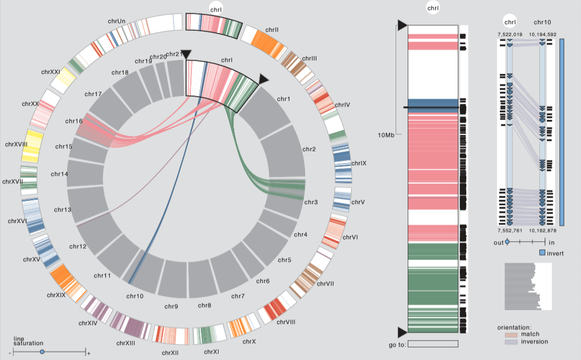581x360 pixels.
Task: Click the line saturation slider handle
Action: tap(42, 352)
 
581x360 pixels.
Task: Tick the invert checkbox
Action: tap(542, 252)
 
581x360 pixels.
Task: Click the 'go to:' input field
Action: tap(433, 344)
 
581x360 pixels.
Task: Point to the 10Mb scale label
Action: tap(387, 135)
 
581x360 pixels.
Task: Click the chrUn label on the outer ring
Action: tap(116, 21)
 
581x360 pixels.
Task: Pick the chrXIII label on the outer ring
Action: tap(126, 343)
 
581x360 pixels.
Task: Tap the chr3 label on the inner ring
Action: tap(311, 202)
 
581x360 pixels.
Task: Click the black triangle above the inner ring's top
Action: tap(186, 54)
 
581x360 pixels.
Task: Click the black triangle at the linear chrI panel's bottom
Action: tap(402, 332)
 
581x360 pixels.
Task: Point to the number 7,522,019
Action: tap(510, 35)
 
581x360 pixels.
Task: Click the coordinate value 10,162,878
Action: tap(543, 230)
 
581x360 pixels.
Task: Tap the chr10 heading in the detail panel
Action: tap(542, 22)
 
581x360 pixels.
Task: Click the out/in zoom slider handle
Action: tap(507, 242)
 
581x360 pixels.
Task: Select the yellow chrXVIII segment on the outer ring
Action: tap(32, 146)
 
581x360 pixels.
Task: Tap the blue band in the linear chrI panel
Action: tap(433, 103)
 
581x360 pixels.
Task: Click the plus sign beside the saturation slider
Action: tap(89, 354)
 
